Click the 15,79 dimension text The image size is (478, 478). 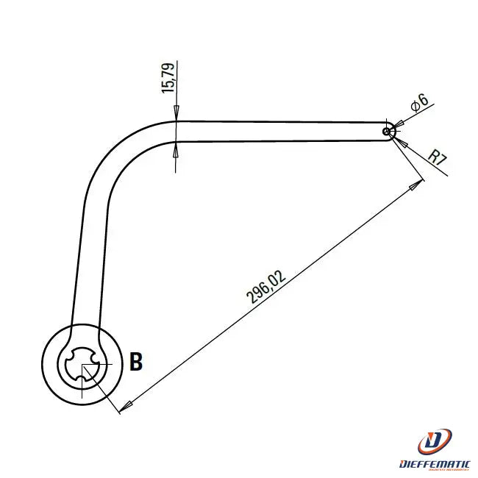[x=168, y=77]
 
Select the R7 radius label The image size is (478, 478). [x=437, y=156]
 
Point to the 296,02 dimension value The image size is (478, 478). [x=266, y=286]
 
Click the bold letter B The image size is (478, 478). [x=136, y=362]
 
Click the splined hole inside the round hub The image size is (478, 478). [x=81, y=363]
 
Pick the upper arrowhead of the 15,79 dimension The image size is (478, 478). [x=177, y=115]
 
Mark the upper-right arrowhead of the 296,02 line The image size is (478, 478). [x=418, y=184]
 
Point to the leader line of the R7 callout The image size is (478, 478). [x=419, y=156]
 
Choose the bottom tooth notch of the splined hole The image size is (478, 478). [x=80, y=379]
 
